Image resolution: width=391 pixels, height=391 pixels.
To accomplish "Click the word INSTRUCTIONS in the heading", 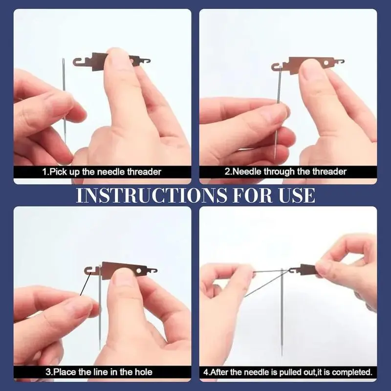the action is click(x=152, y=195).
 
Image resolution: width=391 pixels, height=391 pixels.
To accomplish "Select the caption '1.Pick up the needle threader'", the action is click(x=102, y=172).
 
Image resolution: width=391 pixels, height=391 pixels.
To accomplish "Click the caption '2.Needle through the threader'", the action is click(x=285, y=172).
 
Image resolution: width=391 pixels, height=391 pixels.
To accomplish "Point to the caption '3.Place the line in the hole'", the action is click(x=99, y=372).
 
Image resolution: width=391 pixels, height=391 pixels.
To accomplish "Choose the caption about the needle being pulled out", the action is click(x=288, y=372).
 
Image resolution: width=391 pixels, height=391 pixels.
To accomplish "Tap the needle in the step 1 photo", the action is click(x=64, y=100).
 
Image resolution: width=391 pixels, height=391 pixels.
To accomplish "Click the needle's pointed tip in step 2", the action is click(x=275, y=159).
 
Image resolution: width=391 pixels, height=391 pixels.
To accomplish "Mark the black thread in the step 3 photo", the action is click(x=85, y=284).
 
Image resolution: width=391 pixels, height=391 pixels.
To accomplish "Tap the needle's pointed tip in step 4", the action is click(x=282, y=355).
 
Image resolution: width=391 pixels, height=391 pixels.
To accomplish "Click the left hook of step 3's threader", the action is click(x=88, y=271).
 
